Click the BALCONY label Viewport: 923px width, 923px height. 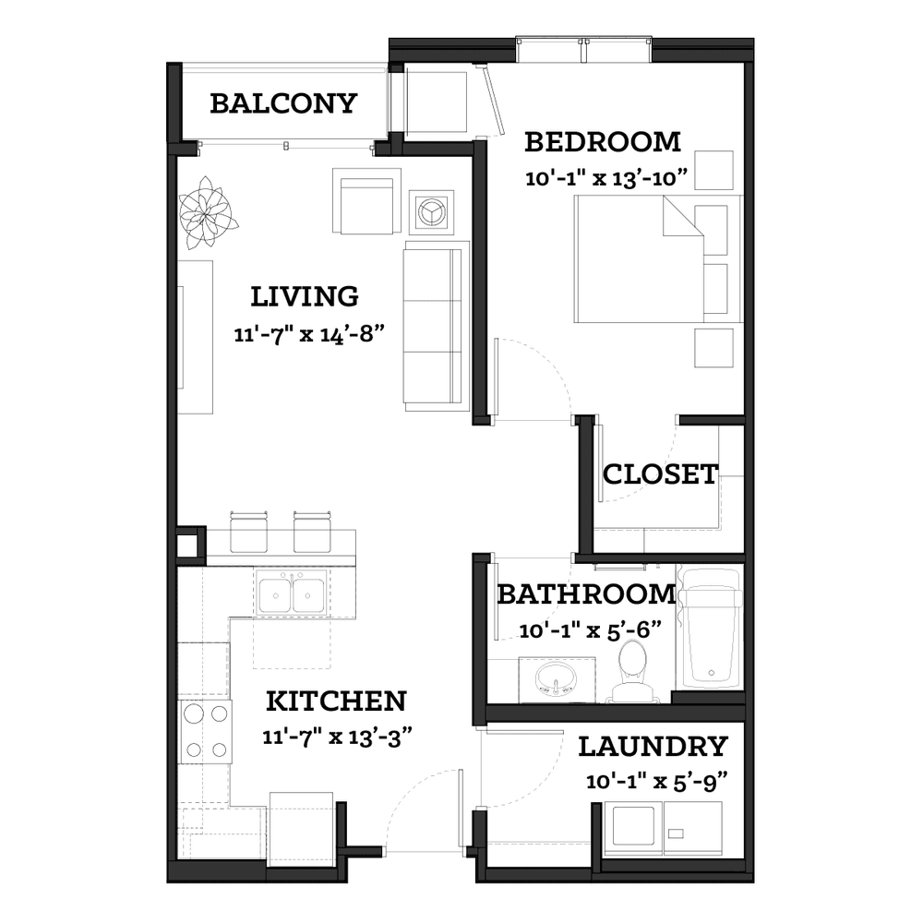(283, 103)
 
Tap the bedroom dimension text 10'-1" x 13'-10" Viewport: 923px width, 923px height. (607, 177)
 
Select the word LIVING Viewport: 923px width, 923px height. (305, 296)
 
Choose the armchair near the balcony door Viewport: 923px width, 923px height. (366, 200)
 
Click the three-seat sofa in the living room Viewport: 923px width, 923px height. (437, 326)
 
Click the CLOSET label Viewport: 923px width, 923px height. (661, 474)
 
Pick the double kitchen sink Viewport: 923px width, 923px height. (292, 593)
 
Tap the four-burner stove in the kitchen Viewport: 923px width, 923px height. (205, 732)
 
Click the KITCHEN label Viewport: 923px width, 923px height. (337, 701)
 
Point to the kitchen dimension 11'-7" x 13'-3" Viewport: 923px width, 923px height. (337, 737)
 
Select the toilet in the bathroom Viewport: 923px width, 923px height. (633, 671)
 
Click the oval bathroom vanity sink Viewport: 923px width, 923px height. (557, 680)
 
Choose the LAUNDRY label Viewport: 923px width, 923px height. (653, 747)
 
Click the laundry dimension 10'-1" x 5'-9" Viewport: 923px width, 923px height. (657, 782)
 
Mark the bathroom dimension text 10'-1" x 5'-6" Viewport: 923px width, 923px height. (591, 630)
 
